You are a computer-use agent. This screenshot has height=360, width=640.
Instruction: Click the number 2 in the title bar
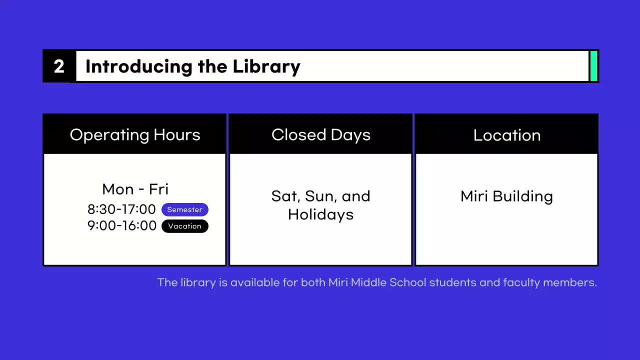pyautogui.click(x=59, y=66)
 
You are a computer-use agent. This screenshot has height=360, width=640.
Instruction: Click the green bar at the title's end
pyautogui.click(x=594, y=66)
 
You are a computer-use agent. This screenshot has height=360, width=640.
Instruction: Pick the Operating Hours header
pyautogui.click(x=135, y=135)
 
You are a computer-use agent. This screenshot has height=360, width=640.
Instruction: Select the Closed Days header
pyautogui.click(x=321, y=135)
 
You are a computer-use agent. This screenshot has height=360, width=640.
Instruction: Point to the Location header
pyautogui.click(x=507, y=135)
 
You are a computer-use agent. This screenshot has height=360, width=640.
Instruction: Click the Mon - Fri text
pyautogui.click(x=135, y=189)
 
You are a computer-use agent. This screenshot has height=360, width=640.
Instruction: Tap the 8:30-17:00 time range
pyautogui.click(x=121, y=209)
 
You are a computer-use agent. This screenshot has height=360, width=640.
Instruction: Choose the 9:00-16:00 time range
pyautogui.click(x=121, y=226)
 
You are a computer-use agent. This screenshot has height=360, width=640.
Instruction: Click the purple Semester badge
pyautogui.click(x=184, y=210)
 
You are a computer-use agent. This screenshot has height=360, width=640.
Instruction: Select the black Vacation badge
pyautogui.click(x=184, y=226)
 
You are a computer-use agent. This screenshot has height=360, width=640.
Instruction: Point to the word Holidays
pyautogui.click(x=321, y=215)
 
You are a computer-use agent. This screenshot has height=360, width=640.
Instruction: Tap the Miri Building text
pyautogui.click(x=506, y=196)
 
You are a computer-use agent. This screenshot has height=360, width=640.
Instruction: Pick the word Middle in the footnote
pyautogui.click(x=368, y=282)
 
